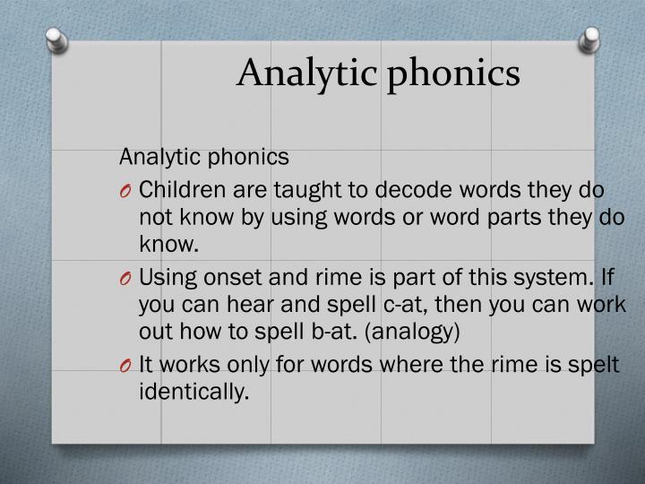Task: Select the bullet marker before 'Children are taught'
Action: [x=126, y=191]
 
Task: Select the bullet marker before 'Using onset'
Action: [x=126, y=280]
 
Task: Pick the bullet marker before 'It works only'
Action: [x=126, y=365]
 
